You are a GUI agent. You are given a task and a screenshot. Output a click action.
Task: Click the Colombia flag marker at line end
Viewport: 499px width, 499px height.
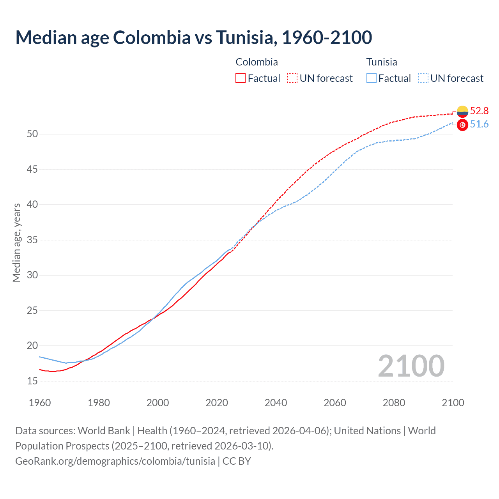pyautogui.click(x=462, y=111)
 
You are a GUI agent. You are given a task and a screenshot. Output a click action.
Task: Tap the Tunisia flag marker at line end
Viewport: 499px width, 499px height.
pyautogui.click(x=462, y=125)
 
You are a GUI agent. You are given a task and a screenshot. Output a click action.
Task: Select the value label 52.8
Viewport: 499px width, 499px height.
pyautogui.click(x=479, y=111)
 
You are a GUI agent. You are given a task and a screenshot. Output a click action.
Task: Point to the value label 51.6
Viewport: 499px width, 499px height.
pyautogui.click(x=479, y=124)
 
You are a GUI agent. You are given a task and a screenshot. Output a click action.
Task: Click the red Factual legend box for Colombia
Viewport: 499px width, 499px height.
pyautogui.click(x=241, y=78)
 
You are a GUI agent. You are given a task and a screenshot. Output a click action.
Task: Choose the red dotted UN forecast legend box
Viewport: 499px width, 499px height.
pyautogui.click(x=292, y=78)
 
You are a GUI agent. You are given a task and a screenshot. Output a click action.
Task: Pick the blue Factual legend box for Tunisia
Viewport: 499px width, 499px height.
pyautogui.click(x=372, y=78)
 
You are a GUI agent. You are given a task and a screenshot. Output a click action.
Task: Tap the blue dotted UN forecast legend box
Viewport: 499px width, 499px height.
pyautogui.click(x=423, y=78)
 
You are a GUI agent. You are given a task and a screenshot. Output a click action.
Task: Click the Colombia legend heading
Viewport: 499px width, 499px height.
pyautogui.click(x=257, y=62)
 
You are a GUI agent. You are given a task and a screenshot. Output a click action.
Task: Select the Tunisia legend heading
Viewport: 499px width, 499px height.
pyautogui.click(x=382, y=62)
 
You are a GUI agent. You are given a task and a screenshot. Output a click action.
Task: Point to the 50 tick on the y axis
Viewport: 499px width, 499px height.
pyautogui.click(x=32, y=134)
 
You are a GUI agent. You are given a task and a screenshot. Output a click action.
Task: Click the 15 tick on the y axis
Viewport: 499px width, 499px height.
pyautogui.click(x=32, y=381)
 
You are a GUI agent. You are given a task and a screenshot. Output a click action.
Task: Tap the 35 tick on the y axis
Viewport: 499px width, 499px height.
pyautogui.click(x=32, y=240)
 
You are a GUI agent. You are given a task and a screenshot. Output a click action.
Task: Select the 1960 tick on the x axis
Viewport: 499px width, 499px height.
pyautogui.click(x=40, y=403)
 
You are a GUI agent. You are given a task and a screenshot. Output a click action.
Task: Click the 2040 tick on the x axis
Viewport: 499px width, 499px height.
pyautogui.click(x=276, y=403)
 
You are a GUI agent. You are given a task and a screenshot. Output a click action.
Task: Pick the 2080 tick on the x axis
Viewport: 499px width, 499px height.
pyautogui.click(x=394, y=403)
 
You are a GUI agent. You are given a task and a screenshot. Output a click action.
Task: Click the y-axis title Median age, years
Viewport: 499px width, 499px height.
pyautogui.click(x=16, y=242)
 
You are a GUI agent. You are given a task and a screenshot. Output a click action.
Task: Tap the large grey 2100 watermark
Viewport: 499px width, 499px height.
pyautogui.click(x=411, y=366)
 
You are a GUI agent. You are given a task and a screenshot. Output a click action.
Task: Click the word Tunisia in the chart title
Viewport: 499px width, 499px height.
pyautogui.click(x=246, y=37)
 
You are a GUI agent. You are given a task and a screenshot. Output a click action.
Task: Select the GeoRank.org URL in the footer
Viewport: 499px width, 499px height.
pyautogui.click(x=115, y=461)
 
